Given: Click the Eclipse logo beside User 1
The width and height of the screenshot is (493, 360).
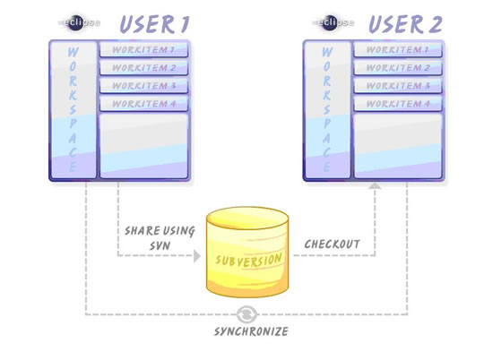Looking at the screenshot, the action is point(79,23).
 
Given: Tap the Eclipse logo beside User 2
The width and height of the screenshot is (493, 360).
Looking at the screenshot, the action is point(333,23).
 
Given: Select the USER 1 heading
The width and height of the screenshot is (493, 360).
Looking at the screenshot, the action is point(154,24).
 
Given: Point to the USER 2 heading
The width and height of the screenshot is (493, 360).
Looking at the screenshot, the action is point(405,24).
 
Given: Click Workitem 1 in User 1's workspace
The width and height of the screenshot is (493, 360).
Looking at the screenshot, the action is point(144,49).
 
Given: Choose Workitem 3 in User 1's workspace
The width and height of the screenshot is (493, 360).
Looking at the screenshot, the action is point(144,86).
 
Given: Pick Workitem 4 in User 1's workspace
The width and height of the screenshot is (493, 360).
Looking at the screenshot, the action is point(144,104).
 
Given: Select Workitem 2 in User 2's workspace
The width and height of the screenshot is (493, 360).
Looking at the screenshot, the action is point(398,67).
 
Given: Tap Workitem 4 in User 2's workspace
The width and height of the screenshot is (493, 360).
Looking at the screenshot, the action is point(398,104).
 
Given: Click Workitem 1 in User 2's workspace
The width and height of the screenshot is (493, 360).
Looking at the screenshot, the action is point(398,49).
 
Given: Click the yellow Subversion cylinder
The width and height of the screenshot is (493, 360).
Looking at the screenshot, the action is point(247,252).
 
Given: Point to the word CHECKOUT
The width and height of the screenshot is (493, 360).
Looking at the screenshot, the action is point(332,244).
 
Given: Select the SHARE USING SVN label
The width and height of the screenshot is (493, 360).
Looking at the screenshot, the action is point(160,238).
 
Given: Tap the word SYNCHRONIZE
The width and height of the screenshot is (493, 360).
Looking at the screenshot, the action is point(251,331).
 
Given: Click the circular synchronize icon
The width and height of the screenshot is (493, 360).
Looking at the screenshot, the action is point(246,314).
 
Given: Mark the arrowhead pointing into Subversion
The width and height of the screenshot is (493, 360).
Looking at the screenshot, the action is point(197,256).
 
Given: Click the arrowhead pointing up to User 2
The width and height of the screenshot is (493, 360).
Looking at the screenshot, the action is point(375,185).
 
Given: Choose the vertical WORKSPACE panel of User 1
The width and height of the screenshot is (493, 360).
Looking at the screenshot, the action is point(74,110).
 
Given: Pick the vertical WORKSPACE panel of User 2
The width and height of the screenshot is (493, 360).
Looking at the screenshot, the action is point(327,110).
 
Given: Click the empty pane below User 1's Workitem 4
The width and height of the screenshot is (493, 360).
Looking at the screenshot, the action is point(144,146).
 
